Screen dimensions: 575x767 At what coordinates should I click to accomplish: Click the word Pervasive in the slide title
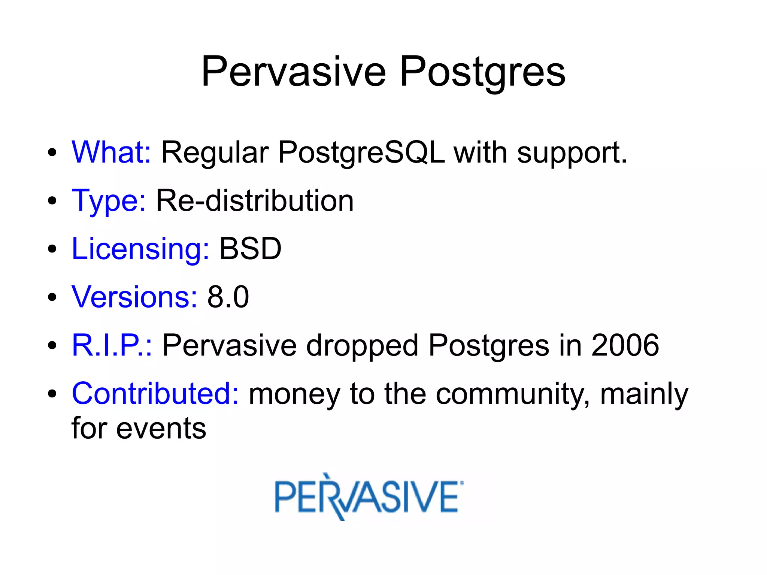tap(293, 72)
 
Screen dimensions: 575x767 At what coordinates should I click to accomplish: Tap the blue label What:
tap(111, 152)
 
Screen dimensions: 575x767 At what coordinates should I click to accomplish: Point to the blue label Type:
tap(109, 201)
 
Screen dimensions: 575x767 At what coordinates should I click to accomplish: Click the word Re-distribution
tap(255, 201)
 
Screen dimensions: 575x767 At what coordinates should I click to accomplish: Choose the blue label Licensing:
tap(140, 249)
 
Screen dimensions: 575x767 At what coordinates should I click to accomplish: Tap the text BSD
tap(250, 249)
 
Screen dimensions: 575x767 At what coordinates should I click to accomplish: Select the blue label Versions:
tap(134, 297)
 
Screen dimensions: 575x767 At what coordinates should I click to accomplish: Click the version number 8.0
tap(228, 297)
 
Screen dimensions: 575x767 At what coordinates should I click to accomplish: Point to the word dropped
tap(362, 346)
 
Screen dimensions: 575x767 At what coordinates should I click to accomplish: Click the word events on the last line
tap(161, 429)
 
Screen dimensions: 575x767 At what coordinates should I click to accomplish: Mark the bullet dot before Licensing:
tap(52, 249)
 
